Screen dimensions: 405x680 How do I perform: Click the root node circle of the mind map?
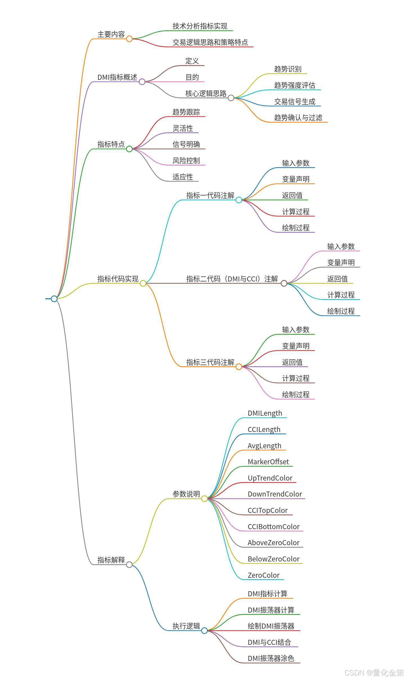coord(54,299)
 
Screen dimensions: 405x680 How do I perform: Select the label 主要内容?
coord(111,34)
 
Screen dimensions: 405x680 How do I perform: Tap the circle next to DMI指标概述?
coord(142,82)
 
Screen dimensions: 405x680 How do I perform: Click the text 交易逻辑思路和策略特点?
coord(210,42)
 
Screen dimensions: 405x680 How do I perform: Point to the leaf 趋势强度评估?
coord(294,85)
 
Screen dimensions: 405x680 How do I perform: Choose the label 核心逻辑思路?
coord(206,94)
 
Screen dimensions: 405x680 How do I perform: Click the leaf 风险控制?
coord(186,161)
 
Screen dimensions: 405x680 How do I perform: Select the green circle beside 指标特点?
coord(129,149)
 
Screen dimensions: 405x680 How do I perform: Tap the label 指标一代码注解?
coord(210,195)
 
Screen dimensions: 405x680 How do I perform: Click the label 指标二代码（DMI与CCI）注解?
coord(232,279)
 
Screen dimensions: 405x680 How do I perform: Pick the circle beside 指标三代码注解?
coord(239,367)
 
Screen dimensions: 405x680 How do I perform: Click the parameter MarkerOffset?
coord(268,462)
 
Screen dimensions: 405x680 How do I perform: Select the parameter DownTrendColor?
coord(274,494)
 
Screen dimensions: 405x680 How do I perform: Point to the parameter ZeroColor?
coord(264,575)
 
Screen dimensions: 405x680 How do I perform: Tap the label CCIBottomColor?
coord(273,527)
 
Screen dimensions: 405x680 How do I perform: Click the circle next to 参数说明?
coord(204,499)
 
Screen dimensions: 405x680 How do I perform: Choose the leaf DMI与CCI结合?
coord(269,642)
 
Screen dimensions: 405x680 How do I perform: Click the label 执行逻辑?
coord(186,626)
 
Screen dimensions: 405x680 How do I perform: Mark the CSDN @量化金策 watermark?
coord(374,672)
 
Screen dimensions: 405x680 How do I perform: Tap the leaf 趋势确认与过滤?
coord(298,118)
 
